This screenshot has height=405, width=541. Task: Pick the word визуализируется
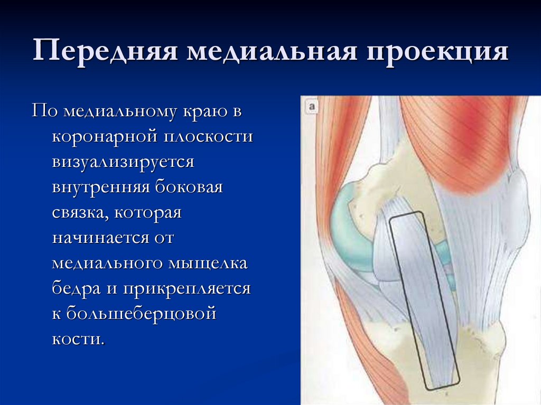click(x=123, y=162)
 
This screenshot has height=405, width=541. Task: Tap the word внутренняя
click(x=101, y=187)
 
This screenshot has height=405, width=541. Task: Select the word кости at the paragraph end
click(x=78, y=338)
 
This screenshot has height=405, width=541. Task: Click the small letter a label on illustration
click(x=312, y=107)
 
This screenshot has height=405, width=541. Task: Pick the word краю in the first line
click(x=206, y=111)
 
